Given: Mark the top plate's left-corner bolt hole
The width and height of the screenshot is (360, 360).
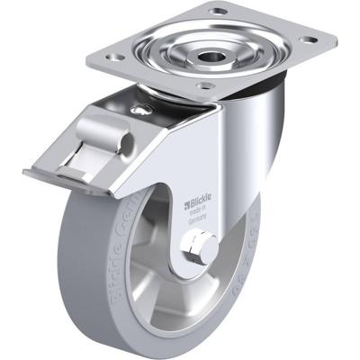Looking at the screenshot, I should click(x=115, y=57).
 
